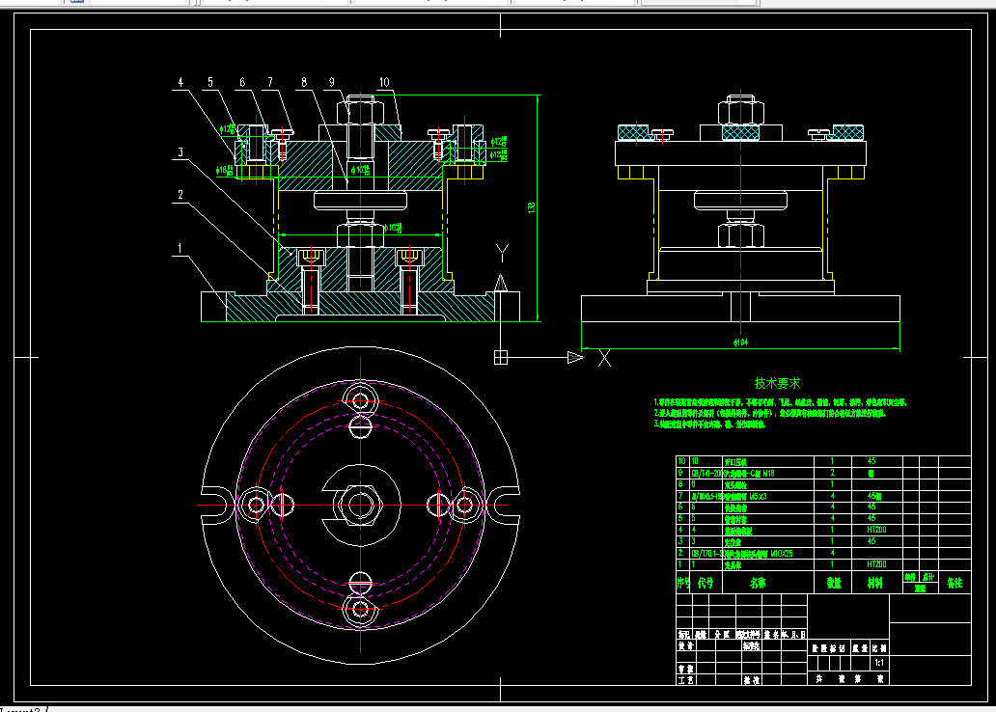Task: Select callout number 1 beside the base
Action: coord(179,248)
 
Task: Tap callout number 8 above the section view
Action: coord(304,83)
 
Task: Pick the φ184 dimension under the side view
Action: coord(741,342)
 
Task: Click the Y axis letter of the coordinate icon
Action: coord(502,253)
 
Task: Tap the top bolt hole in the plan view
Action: coord(362,399)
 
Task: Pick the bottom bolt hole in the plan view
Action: coord(362,609)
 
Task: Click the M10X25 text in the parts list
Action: coord(772,554)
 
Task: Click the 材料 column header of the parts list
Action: coord(874,583)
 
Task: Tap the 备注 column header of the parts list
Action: coord(954,583)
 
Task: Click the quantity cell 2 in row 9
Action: coord(832,473)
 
